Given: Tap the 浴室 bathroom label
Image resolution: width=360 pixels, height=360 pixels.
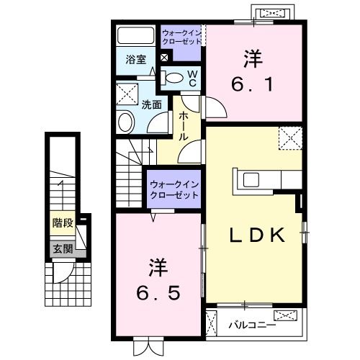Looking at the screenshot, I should point(138,60).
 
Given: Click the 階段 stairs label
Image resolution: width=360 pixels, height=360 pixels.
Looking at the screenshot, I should point(63,222).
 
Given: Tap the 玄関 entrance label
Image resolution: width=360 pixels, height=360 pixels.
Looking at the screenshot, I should point(62,249).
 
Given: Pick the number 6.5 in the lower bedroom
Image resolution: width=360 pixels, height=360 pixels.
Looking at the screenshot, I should point(154,292).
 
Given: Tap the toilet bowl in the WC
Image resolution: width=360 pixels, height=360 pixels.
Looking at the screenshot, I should point(172,77).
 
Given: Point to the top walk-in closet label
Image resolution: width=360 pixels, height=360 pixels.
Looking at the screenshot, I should point(181,37).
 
